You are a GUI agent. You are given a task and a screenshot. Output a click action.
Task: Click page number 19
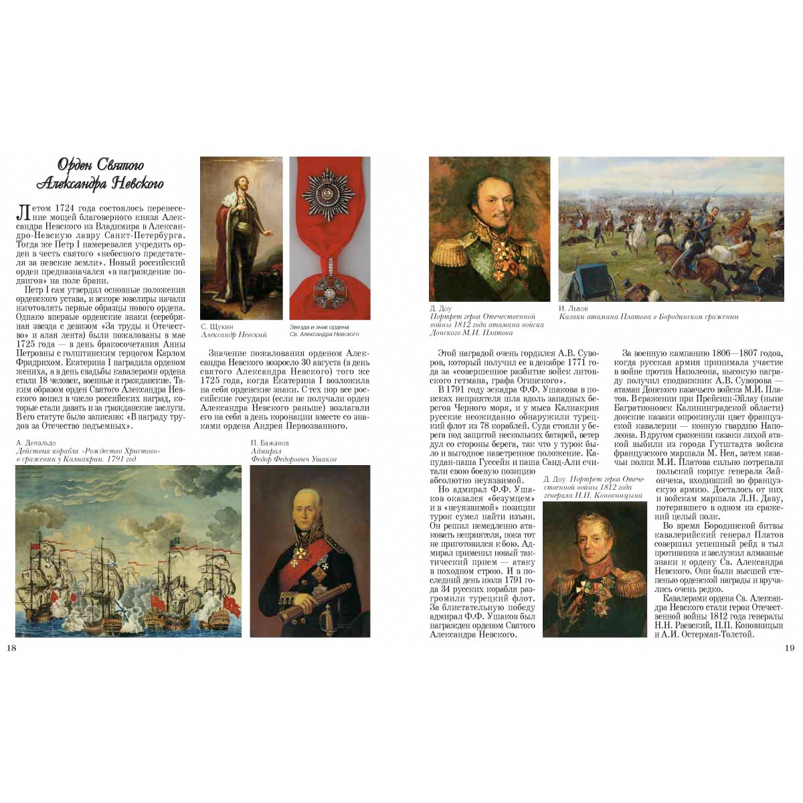[790, 647]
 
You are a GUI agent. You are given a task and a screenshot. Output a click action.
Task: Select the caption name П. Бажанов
[270, 443]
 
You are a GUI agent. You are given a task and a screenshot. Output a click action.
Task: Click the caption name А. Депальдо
[36, 443]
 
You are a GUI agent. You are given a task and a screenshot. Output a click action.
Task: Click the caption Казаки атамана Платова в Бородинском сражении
[648, 317]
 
